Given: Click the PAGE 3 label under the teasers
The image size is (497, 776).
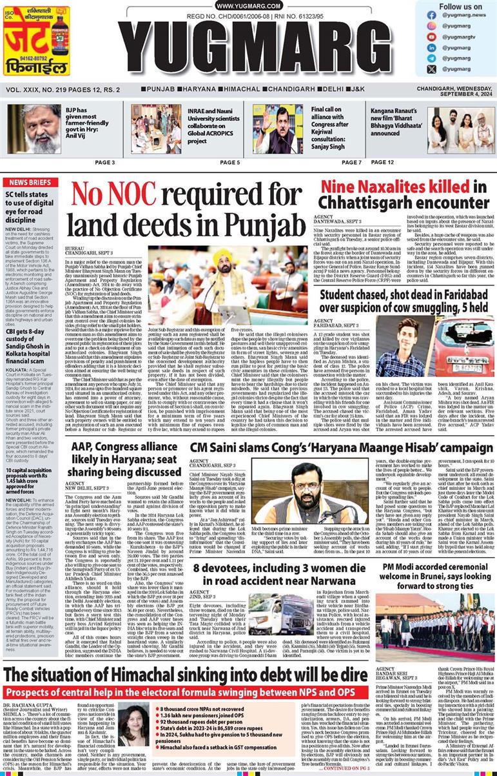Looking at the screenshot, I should tap(105, 163).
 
